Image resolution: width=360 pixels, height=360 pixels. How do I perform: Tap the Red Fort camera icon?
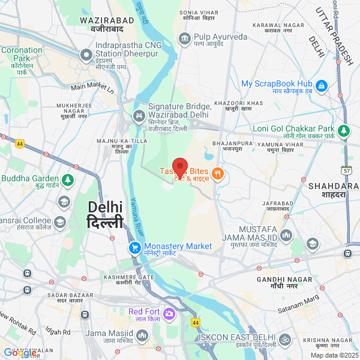pyautogui.click(x=169, y=313)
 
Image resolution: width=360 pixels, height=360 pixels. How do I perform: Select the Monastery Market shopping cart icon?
pyautogui.click(x=135, y=247)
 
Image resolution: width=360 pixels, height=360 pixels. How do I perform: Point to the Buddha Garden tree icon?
pyautogui.click(x=68, y=179)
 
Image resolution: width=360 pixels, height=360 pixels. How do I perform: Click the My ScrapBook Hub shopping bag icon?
pyautogui.click(x=322, y=86)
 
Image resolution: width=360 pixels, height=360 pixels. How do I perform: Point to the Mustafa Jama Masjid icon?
pyautogui.click(x=286, y=234)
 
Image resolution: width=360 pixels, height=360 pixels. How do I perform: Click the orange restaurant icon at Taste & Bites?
pyautogui.click(x=217, y=174)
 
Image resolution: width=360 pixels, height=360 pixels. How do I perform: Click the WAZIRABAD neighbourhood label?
pyautogui.click(x=101, y=24)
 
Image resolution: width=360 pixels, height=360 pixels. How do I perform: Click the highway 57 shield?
pyautogui.click(x=346, y=170)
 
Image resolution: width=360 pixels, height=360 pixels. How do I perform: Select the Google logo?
pyautogui.click(x=19, y=353)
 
